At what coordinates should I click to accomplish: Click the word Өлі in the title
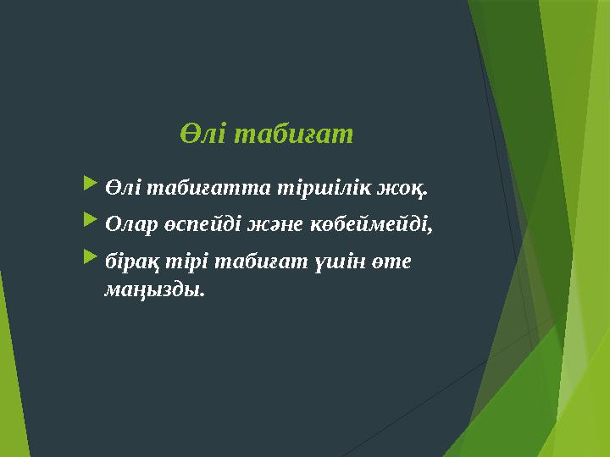[x=201, y=135]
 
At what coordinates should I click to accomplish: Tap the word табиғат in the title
[x=291, y=135]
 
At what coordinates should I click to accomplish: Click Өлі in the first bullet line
[x=120, y=184]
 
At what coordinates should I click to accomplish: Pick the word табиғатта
[x=184, y=184]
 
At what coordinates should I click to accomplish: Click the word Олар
[x=131, y=225]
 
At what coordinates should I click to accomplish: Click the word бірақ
[x=129, y=265]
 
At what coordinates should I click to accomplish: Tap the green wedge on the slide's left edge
[x=10, y=372]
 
